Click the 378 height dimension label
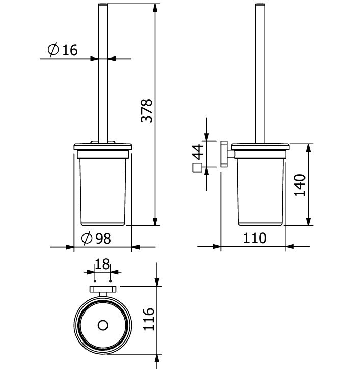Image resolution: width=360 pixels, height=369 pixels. (x=147, y=110)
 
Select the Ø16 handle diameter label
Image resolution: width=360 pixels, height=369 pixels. (x=63, y=50)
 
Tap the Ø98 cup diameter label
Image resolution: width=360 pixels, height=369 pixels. (x=96, y=238)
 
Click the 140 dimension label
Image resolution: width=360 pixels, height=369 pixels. (x=300, y=185)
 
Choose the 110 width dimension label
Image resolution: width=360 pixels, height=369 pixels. (x=255, y=238)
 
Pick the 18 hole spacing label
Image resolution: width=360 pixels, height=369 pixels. (x=102, y=264)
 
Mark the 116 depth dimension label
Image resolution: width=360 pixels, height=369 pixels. (x=148, y=320)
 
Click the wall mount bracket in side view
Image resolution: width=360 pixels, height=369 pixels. (x=225, y=154)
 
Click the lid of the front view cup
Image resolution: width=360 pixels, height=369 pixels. (x=103, y=147)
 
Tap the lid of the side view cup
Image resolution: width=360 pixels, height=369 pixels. (x=260, y=147)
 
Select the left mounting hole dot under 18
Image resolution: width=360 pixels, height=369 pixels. (x=95, y=280)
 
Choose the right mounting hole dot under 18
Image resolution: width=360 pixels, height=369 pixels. (x=110, y=280)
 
